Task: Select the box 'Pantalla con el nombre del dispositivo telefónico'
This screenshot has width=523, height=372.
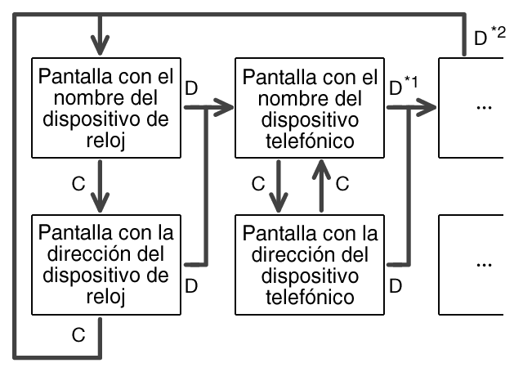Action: point(310,106)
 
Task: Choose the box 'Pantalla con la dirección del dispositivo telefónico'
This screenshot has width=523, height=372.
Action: point(310,263)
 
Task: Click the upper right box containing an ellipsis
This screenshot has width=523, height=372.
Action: point(481,106)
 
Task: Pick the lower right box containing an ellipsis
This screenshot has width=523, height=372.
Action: point(481,263)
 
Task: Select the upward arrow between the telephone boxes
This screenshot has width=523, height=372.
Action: point(322,184)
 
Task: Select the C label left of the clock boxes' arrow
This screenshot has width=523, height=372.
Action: point(78,186)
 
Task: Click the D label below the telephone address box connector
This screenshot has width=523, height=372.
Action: point(396,286)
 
